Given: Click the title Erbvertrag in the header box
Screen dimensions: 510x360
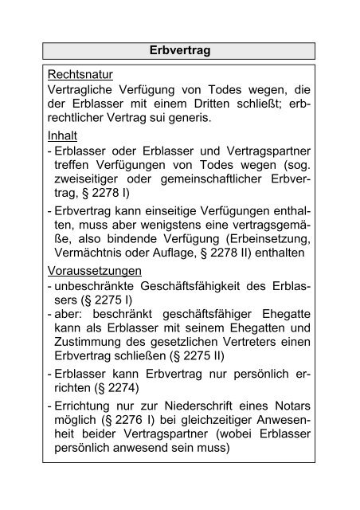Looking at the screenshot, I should click(179, 50).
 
